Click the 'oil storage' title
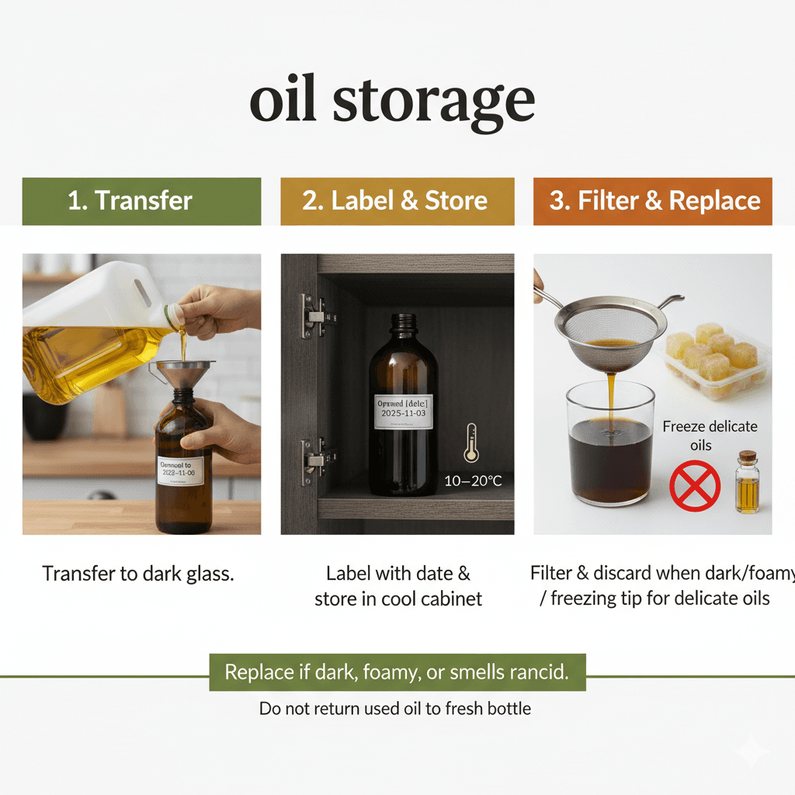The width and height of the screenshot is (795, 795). [392, 102]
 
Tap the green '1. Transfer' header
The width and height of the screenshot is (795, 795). [141, 201]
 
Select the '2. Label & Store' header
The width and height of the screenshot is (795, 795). [397, 201]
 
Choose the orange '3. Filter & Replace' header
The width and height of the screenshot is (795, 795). [653, 201]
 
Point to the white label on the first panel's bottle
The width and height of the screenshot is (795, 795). [180, 470]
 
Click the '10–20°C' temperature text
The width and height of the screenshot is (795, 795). [473, 481]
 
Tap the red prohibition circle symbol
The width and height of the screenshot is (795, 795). [695, 486]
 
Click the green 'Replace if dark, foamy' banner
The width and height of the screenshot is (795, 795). [397, 672]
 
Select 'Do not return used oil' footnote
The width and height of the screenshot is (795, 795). [395, 708]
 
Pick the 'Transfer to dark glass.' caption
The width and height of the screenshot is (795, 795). [138, 575]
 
